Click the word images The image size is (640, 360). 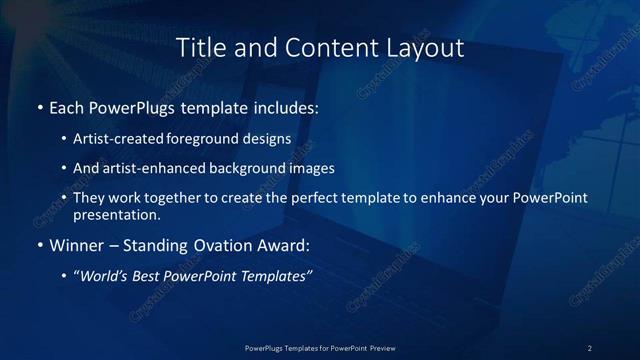tap(312, 168)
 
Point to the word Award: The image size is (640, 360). tap(281, 244)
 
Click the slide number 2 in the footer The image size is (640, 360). tap(590, 347)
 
